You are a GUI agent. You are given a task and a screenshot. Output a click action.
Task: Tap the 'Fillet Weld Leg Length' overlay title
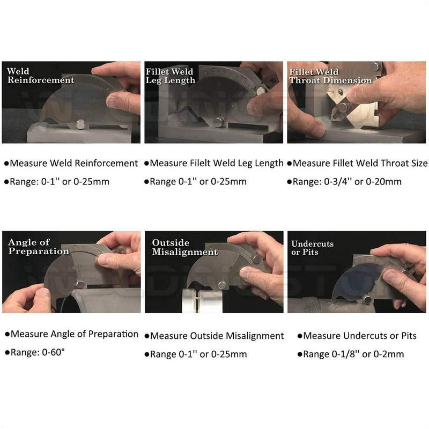171,76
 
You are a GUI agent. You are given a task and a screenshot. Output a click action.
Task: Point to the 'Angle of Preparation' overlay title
38,247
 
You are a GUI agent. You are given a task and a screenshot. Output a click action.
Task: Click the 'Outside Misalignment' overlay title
184,247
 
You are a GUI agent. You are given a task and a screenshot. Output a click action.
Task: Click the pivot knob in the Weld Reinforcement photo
80,124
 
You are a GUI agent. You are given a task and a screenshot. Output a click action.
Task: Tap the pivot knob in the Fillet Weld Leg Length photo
218,122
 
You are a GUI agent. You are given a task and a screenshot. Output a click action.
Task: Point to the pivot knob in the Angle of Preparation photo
80,284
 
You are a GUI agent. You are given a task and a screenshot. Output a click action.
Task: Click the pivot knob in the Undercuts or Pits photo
368,299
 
